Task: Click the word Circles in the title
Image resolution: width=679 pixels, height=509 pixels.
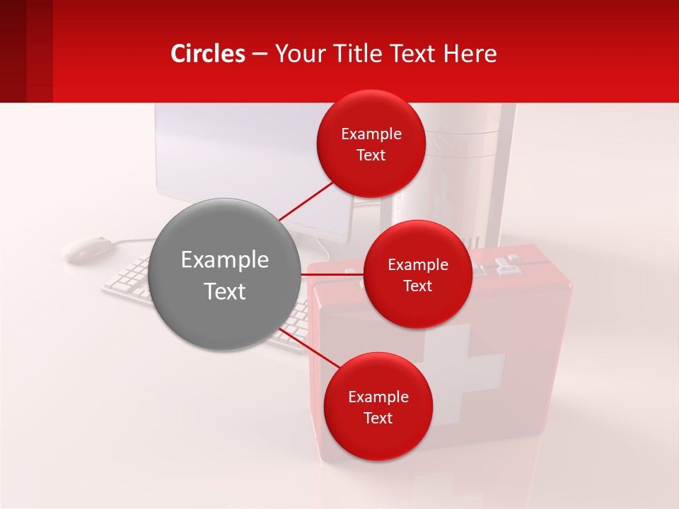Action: [208, 54]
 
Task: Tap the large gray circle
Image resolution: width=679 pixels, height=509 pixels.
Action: [225, 274]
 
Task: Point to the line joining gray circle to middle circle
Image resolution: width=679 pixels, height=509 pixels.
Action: [332, 274]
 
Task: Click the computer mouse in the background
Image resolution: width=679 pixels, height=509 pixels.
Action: [88, 249]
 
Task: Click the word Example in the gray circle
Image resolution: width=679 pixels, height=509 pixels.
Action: [225, 259]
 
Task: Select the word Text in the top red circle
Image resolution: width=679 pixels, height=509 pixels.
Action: [371, 156]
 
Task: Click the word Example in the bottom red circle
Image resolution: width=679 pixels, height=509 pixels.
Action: [378, 397]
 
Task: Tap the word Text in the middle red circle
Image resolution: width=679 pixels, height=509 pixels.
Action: [417, 286]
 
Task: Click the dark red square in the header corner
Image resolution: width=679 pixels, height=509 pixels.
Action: [26, 51]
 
